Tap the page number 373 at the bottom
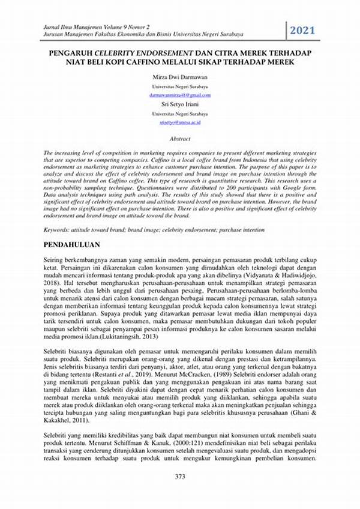click(179, 493)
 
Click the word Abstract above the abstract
click(179, 138)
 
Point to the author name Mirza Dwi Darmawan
click(179, 77)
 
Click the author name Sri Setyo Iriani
click(179, 104)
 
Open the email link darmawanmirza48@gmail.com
click(179, 95)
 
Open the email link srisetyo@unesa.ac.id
click(179, 122)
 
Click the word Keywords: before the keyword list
click(59, 230)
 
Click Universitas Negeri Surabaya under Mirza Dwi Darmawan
click(179, 86)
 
